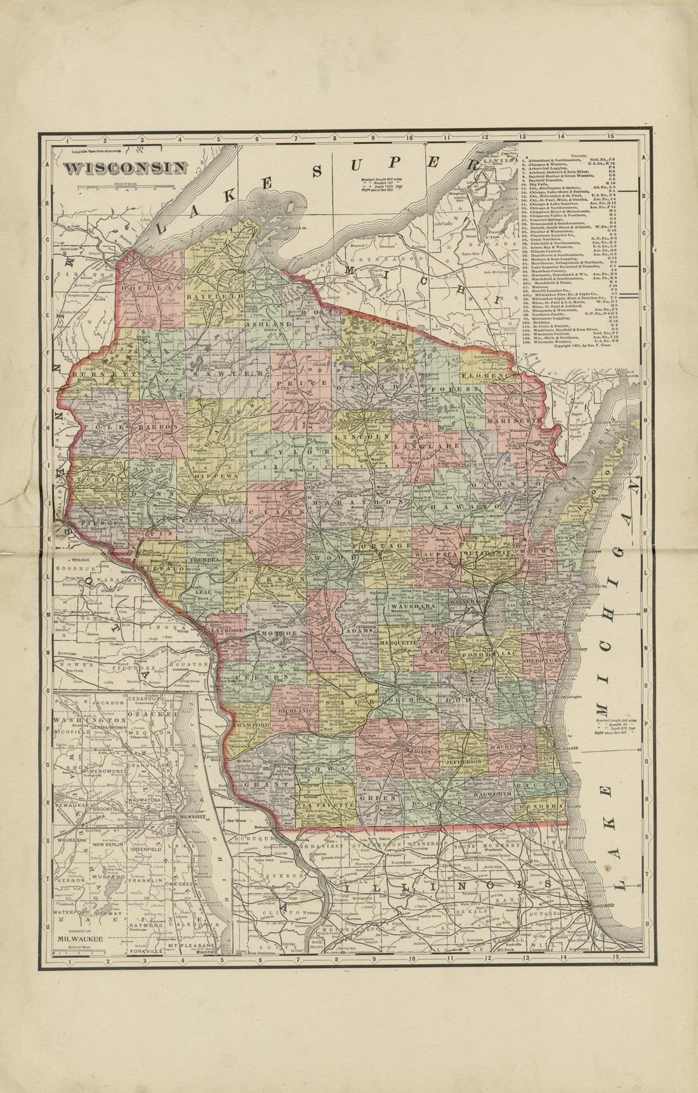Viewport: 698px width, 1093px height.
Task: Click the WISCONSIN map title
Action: (125, 168)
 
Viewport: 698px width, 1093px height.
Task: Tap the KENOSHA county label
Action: (540, 806)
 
